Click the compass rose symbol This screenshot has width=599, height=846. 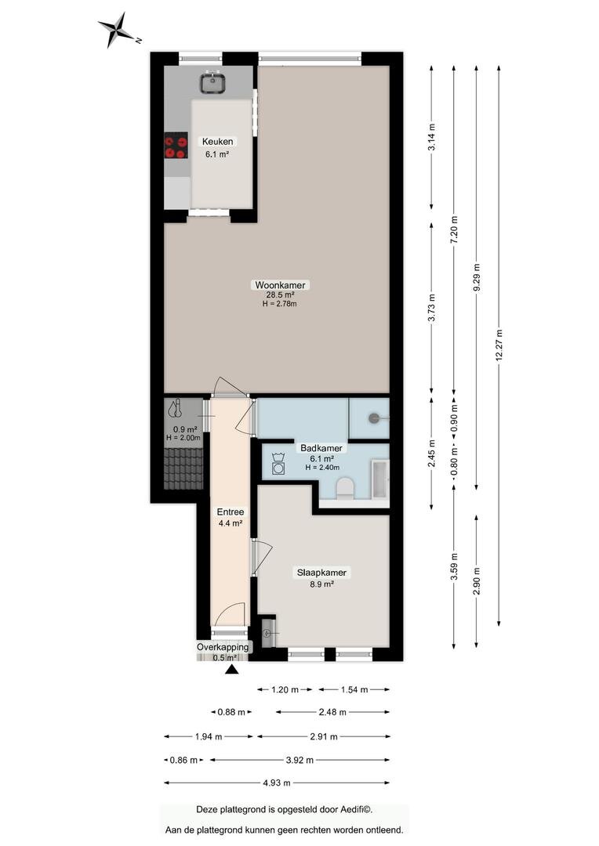[118, 30]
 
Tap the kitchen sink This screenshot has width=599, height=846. [213, 82]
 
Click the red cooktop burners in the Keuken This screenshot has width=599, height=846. [176, 146]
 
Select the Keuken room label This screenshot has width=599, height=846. [218, 142]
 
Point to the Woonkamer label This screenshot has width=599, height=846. [280, 285]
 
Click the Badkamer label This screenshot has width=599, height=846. [321, 448]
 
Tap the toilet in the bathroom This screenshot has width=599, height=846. [345, 488]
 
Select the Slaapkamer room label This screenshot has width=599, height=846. [322, 573]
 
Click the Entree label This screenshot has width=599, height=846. [230, 512]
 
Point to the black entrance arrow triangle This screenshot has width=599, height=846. [232, 670]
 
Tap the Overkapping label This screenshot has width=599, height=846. [223, 647]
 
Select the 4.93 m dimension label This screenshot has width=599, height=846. [277, 783]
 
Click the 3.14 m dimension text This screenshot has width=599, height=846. [431, 138]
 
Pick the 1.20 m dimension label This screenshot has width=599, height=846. [285, 689]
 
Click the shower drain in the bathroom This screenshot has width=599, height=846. [374, 418]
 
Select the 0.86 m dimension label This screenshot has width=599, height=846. [183, 760]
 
